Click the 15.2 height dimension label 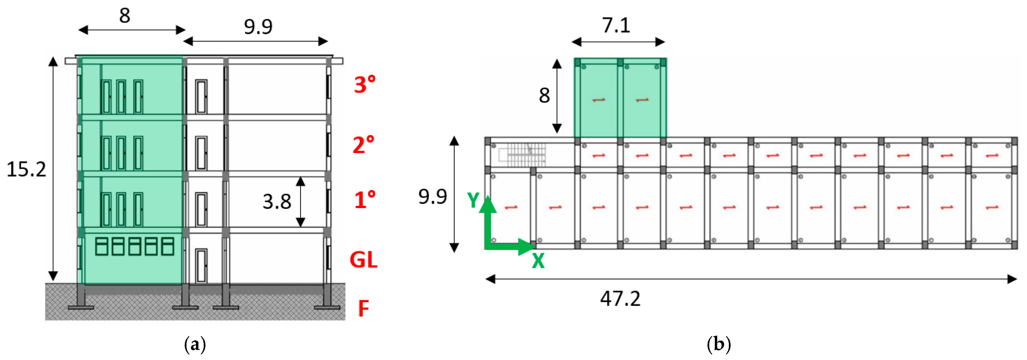(x=26, y=169)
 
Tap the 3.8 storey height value (x=277, y=201)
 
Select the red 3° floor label (x=364, y=85)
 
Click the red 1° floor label (x=364, y=200)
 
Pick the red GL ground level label (x=363, y=260)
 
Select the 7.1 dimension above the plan (x=616, y=25)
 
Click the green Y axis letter (x=473, y=200)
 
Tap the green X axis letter (x=538, y=261)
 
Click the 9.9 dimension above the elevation (x=258, y=27)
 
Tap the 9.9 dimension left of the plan (x=433, y=196)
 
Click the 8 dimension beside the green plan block (x=544, y=96)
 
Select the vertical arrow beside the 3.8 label (x=301, y=202)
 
